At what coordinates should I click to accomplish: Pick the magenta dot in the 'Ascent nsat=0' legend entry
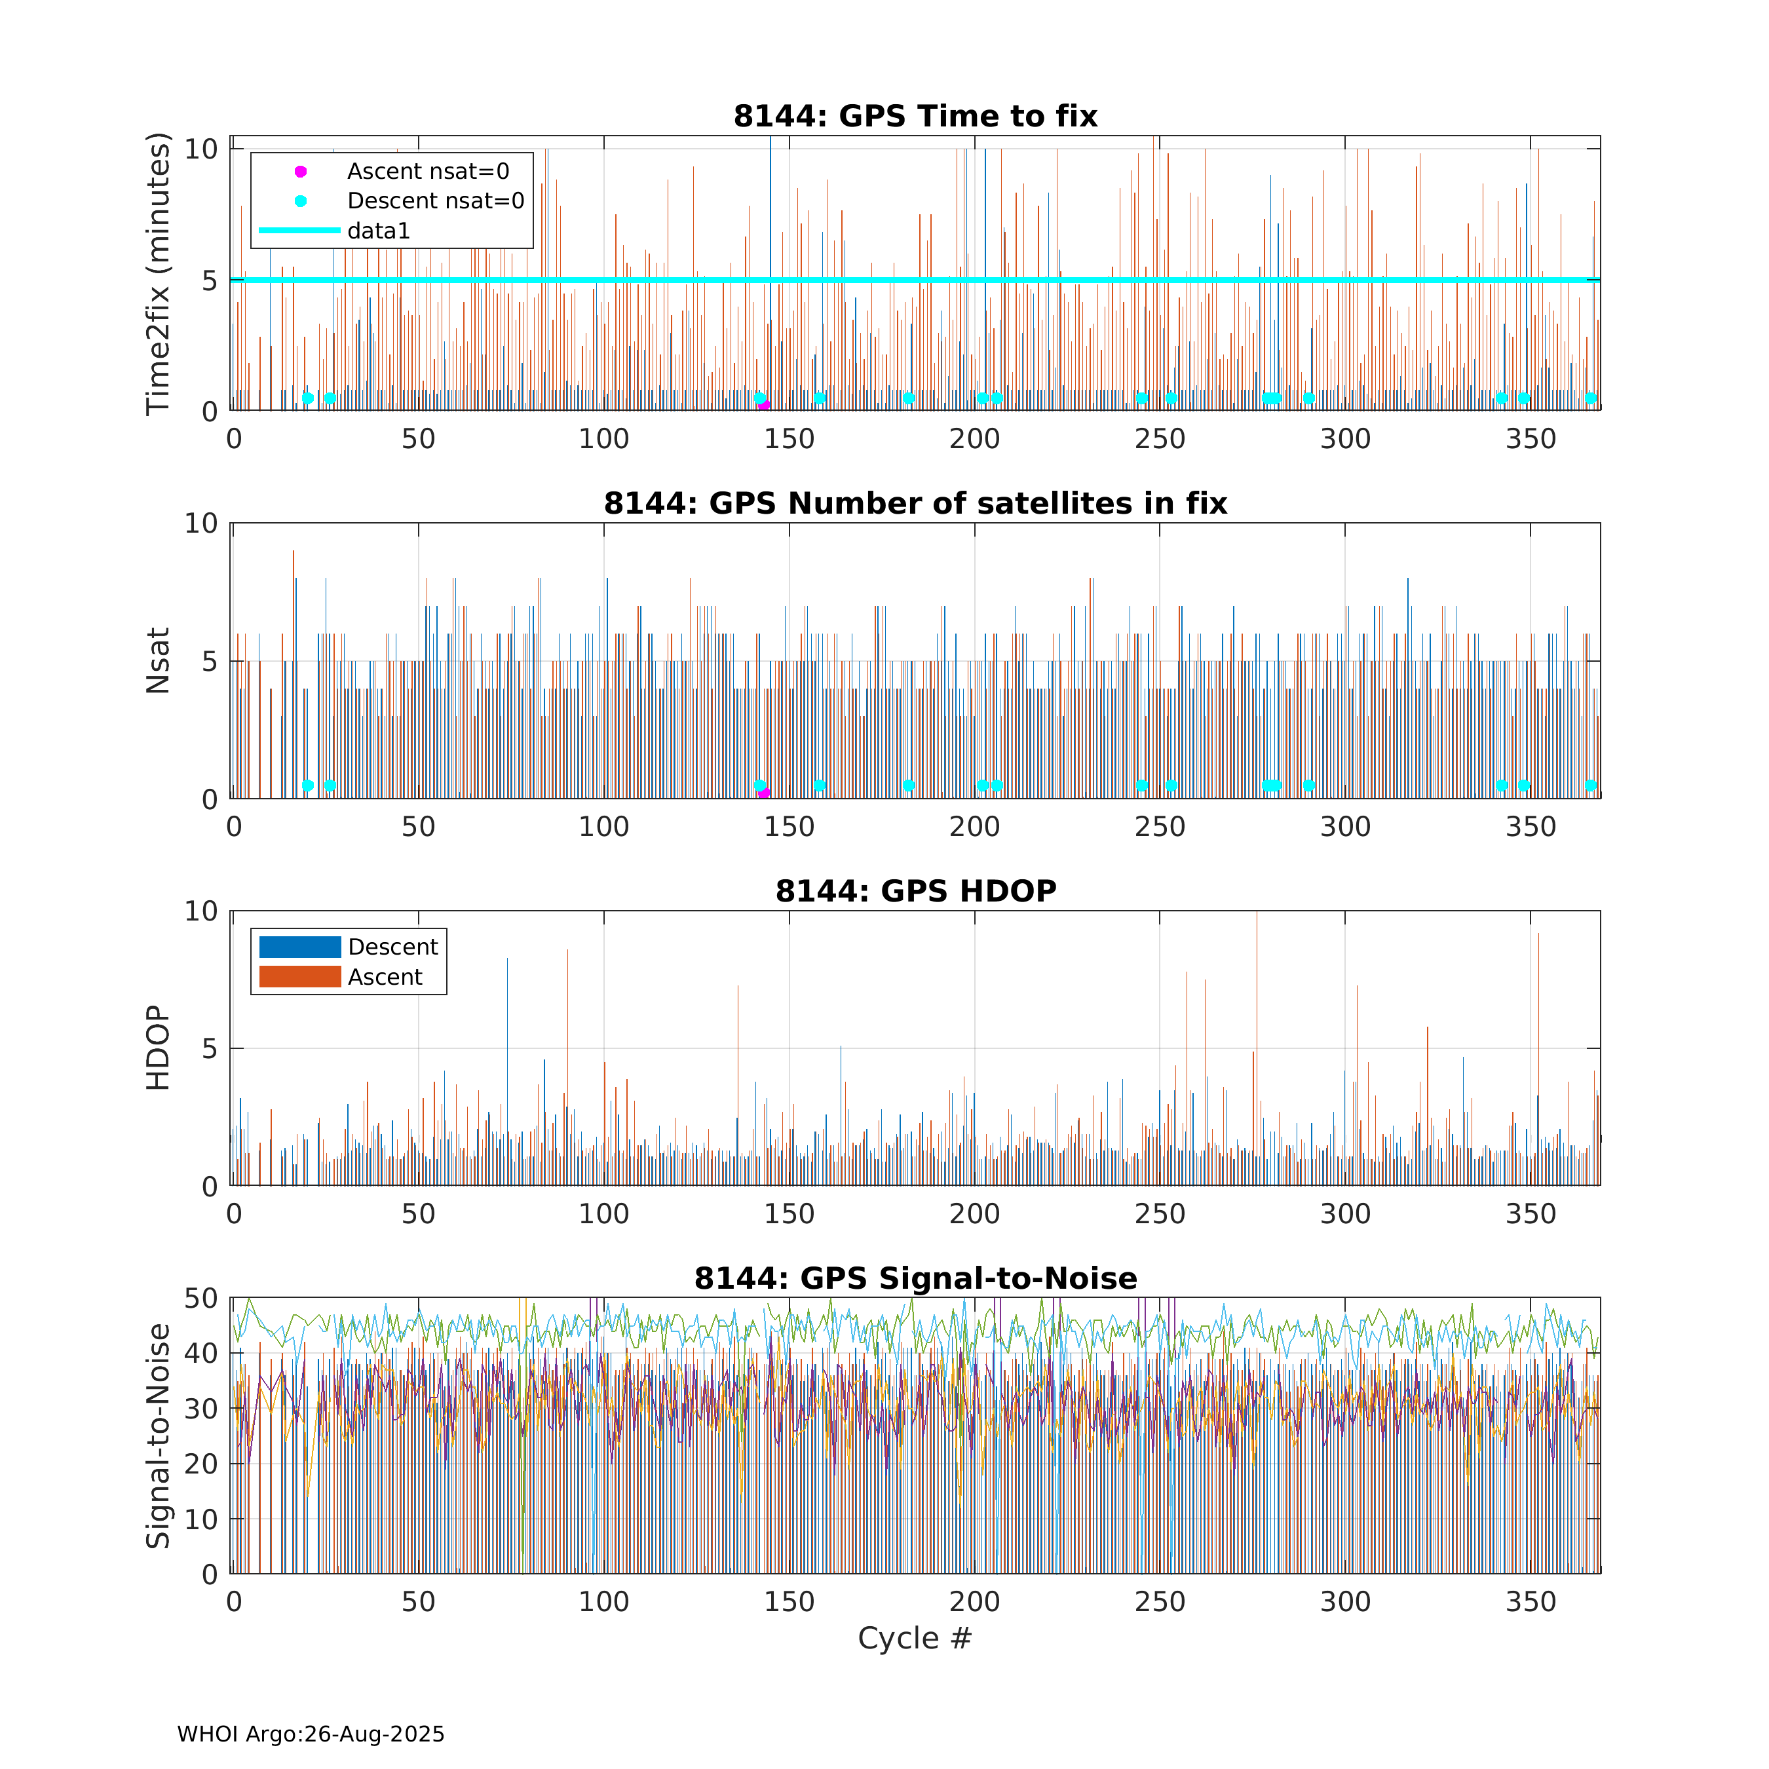tap(300, 171)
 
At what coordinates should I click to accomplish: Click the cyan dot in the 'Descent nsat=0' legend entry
tap(300, 200)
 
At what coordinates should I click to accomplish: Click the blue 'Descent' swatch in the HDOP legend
tap(300, 947)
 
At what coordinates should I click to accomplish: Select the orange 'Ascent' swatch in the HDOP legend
tap(300, 976)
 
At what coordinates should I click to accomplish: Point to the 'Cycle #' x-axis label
tap(914, 1638)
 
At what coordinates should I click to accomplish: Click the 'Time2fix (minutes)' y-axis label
tap(159, 274)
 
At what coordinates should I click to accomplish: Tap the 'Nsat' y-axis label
tap(159, 660)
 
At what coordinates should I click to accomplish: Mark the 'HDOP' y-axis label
tap(159, 1048)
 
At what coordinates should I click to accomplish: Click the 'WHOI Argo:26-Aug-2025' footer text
tap(311, 1734)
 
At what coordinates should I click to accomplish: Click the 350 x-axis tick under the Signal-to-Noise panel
tap(1530, 1601)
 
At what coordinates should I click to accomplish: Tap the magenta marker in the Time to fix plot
tap(765, 406)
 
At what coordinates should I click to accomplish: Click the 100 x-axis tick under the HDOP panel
tap(603, 1214)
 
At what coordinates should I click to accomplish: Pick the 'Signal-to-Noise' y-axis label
tap(159, 1436)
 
